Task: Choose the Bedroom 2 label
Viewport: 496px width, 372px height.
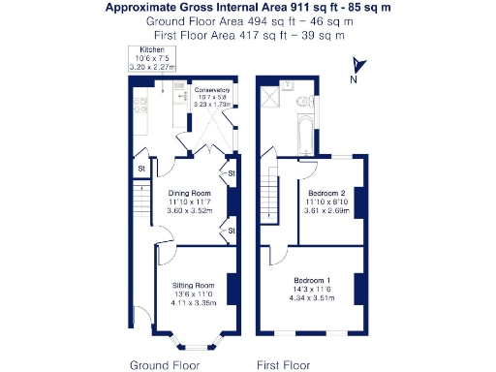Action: tap(328, 194)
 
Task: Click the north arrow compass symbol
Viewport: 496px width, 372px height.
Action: tap(356, 66)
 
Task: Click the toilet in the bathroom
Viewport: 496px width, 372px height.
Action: tap(307, 99)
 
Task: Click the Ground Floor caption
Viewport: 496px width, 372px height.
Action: tap(165, 365)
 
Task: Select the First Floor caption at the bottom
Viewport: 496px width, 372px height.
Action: tap(282, 365)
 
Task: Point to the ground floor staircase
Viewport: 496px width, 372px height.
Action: tap(140, 203)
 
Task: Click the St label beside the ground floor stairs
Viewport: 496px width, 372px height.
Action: tap(140, 170)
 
